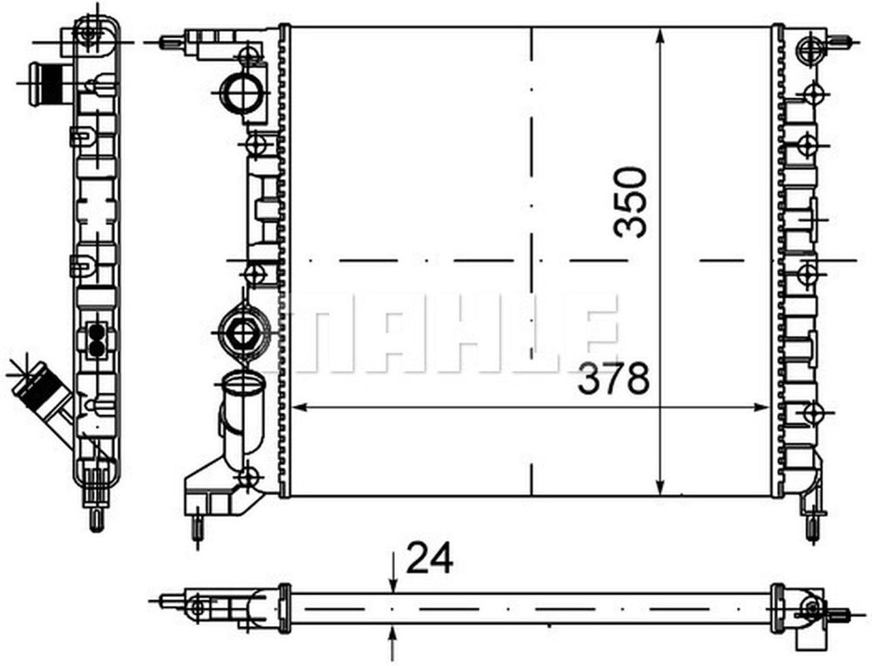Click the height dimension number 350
tap(630, 202)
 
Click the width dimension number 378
tap(613, 379)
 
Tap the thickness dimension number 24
tap(429, 560)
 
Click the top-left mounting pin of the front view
tap(168, 42)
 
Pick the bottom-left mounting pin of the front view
tap(198, 528)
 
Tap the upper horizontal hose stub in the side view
tap(42, 83)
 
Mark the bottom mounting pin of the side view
tap(97, 518)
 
